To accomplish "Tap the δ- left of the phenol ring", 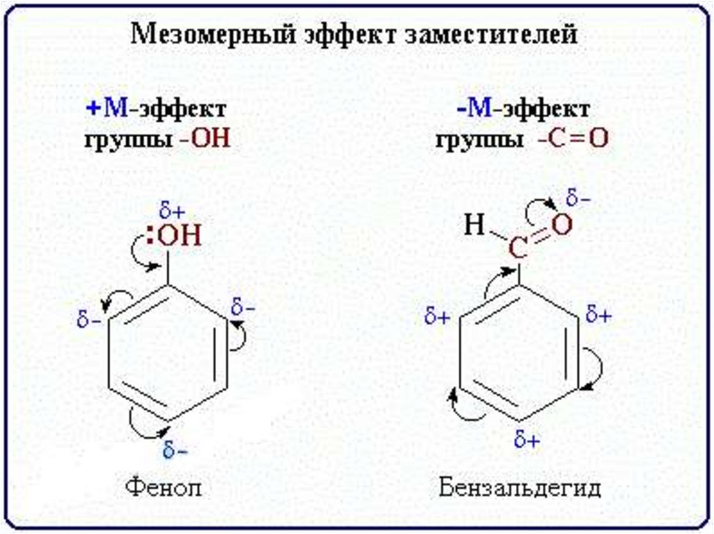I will point(88,322).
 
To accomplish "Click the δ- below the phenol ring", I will point(174,450).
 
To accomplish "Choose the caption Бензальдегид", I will point(519,487).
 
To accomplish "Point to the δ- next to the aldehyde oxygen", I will point(578,199).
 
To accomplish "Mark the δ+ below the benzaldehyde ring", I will point(527,441).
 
